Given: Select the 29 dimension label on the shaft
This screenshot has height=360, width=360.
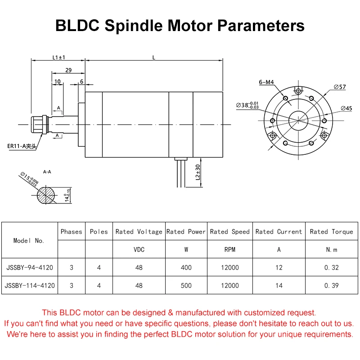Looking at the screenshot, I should click(68, 70).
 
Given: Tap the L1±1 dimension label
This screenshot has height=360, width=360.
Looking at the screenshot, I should click(58, 57).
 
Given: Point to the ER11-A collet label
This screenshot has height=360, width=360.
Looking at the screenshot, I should click(22, 146).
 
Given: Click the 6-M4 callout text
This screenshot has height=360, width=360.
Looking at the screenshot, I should click(267, 82).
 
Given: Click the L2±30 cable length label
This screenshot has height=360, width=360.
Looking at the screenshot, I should click(198, 172).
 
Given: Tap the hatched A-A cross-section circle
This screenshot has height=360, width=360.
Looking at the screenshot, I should click(46, 195).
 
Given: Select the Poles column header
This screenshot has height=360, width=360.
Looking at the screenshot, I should click(99, 232).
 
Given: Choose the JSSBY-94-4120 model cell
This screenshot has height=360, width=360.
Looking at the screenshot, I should click(30, 267).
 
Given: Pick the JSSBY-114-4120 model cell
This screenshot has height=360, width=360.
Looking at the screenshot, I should click(30, 285).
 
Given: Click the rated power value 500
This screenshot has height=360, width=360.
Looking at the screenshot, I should click(186, 285).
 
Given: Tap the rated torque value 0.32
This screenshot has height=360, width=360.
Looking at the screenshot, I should click(331, 267).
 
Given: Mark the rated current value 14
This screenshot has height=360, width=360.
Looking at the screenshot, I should click(279, 285).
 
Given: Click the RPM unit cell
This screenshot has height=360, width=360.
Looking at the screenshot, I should click(229, 249).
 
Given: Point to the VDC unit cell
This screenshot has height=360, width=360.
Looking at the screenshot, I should click(139, 249).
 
